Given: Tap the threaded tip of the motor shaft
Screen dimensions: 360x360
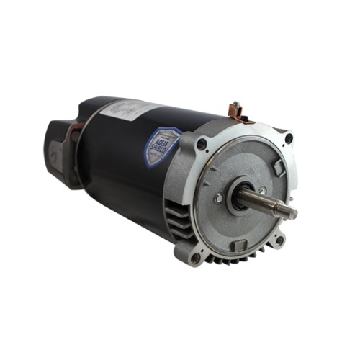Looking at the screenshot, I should click(x=290, y=211).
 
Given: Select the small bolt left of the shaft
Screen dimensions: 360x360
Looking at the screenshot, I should click(x=217, y=196).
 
